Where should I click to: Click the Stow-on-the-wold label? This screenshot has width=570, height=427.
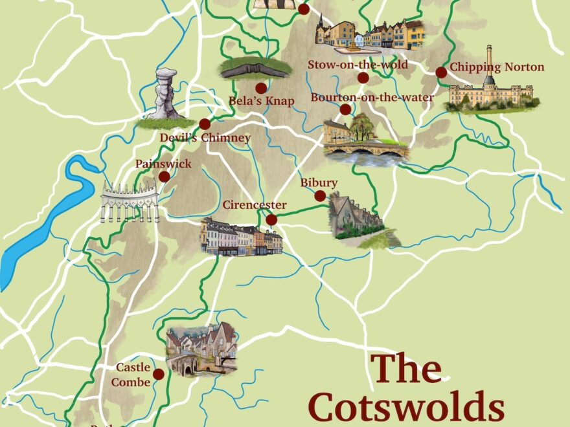(358, 65)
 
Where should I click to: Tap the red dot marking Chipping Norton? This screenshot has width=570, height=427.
(441, 72)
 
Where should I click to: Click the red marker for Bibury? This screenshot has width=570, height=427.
(320, 196)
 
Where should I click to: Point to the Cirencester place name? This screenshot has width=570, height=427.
(255, 205)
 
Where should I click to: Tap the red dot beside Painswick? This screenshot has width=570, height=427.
(165, 177)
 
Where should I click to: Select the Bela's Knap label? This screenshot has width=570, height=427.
(262, 101)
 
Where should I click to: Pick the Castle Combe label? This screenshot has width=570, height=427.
(133, 375)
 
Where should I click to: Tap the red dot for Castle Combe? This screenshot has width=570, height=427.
(158, 374)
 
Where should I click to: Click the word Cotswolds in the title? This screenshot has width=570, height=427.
(405, 408)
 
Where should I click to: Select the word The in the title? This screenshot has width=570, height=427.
(406, 369)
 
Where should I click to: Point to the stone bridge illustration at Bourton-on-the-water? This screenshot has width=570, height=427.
(367, 153)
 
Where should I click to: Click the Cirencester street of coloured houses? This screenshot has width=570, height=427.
(241, 238)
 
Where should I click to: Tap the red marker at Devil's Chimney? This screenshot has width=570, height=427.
(205, 124)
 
